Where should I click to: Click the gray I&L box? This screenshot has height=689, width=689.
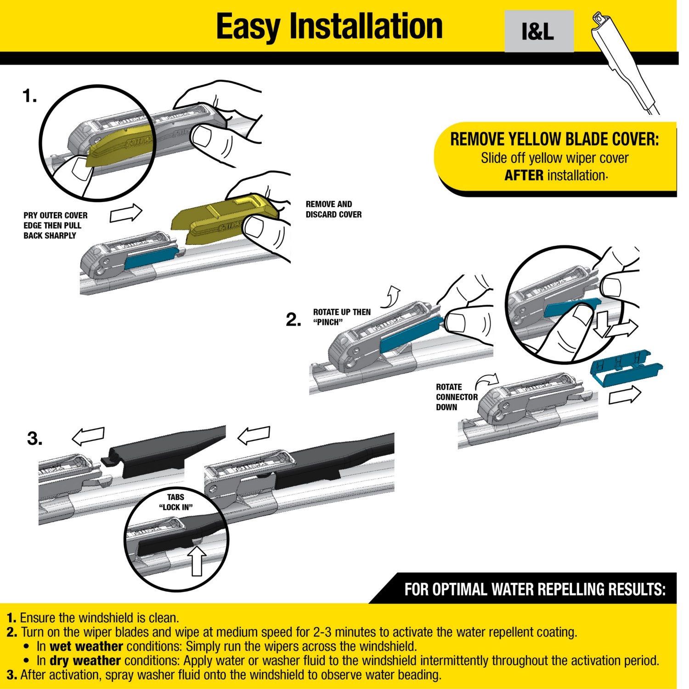click(x=539, y=31)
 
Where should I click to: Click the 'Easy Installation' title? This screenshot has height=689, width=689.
click(x=329, y=27)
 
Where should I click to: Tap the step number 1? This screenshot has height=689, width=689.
click(x=29, y=96)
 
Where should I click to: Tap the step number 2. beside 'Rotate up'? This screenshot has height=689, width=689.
click(x=294, y=319)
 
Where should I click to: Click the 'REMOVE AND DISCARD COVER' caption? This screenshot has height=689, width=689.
click(x=333, y=209)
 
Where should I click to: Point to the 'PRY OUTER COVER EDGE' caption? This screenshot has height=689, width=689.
click(x=55, y=225)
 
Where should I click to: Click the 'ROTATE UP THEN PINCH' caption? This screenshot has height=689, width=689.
click(x=341, y=317)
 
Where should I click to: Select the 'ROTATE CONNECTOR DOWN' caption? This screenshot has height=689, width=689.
click(x=456, y=397)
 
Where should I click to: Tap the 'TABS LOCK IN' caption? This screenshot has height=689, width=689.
click(x=175, y=502)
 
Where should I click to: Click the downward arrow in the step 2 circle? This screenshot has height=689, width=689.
click(x=601, y=323)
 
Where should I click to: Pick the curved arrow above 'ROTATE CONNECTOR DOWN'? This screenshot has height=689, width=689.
click(x=487, y=380)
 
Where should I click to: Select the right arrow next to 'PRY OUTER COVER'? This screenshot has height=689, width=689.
click(x=126, y=213)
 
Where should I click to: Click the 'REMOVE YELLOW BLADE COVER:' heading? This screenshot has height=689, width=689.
click(x=554, y=139)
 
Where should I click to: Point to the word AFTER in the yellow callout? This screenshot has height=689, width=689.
click(x=524, y=175)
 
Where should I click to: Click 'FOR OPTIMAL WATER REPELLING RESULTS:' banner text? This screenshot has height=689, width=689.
click(x=535, y=589)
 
